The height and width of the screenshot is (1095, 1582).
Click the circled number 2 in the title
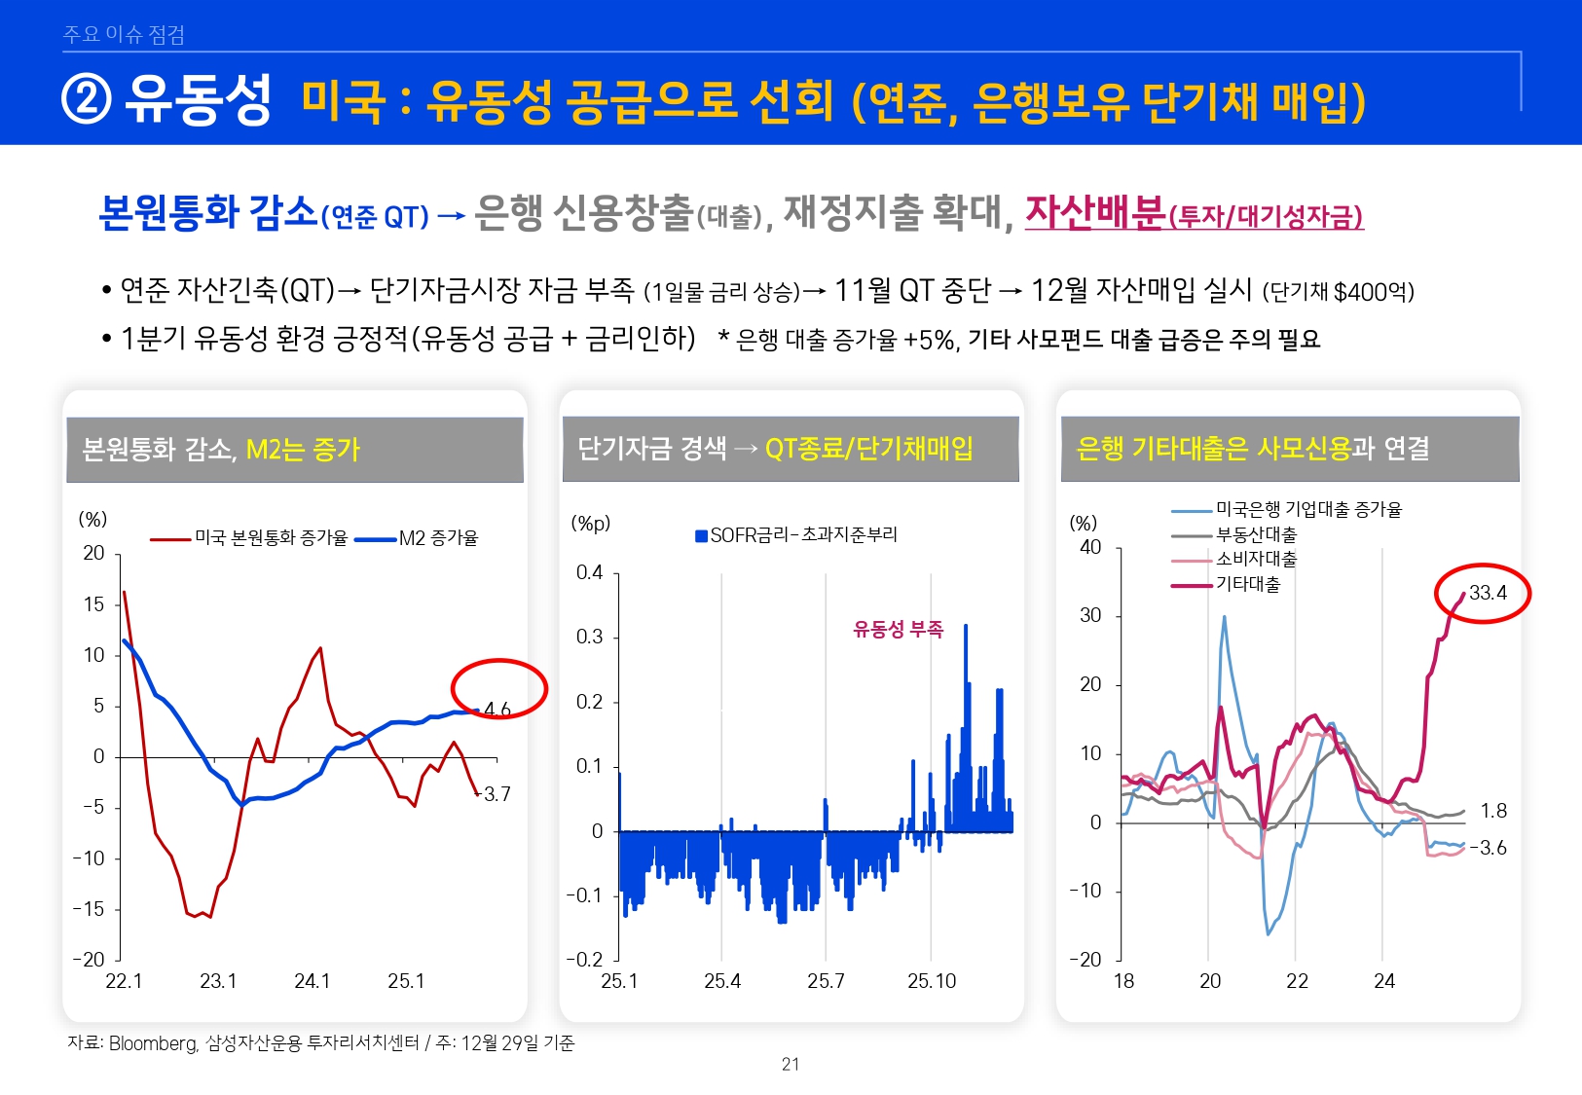[x=87, y=99]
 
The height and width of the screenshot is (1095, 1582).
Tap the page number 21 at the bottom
[x=791, y=1064]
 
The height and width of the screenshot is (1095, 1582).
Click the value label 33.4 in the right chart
[x=1488, y=593]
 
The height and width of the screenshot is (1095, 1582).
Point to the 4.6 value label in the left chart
[x=497, y=710]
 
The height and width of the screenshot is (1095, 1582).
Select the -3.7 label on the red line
[x=496, y=794]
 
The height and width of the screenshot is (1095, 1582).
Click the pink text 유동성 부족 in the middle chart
[x=898, y=630]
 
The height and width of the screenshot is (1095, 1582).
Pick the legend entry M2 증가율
[x=438, y=538]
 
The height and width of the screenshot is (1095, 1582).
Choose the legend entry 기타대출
[x=1248, y=584]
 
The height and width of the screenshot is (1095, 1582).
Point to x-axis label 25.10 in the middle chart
[x=932, y=981]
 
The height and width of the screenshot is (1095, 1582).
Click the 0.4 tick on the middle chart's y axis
[x=589, y=572]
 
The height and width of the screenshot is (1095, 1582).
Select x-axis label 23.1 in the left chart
[x=218, y=981]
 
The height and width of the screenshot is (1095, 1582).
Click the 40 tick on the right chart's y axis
[x=1090, y=547]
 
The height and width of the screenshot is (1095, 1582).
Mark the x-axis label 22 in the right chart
[x=1297, y=981]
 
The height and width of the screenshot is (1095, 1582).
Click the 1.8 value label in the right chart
[x=1493, y=811]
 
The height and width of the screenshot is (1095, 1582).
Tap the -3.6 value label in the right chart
[x=1490, y=848]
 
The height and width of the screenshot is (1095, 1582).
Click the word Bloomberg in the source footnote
[x=153, y=1043]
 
